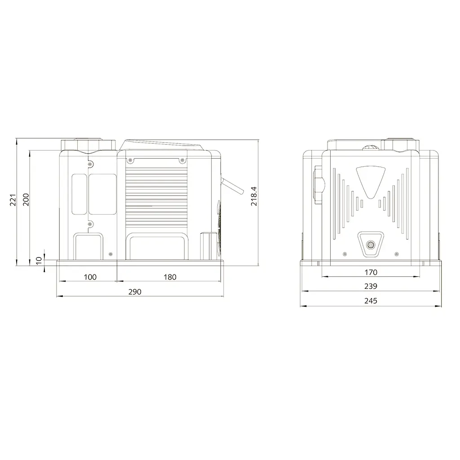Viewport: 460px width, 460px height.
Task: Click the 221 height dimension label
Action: click(x=13, y=200)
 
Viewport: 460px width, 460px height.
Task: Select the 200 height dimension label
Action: click(x=26, y=199)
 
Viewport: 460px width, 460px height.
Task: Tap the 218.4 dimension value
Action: click(x=254, y=196)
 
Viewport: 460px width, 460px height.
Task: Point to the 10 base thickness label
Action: click(x=39, y=260)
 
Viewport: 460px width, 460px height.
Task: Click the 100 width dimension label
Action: click(x=90, y=277)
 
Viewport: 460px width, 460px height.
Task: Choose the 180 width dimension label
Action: click(x=170, y=277)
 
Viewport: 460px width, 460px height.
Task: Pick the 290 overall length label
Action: click(x=135, y=292)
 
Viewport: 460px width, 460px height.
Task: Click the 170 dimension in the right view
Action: click(x=371, y=272)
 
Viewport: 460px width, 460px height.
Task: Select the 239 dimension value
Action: click(x=371, y=286)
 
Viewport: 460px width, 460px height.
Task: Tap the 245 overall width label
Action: click(x=371, y=301)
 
